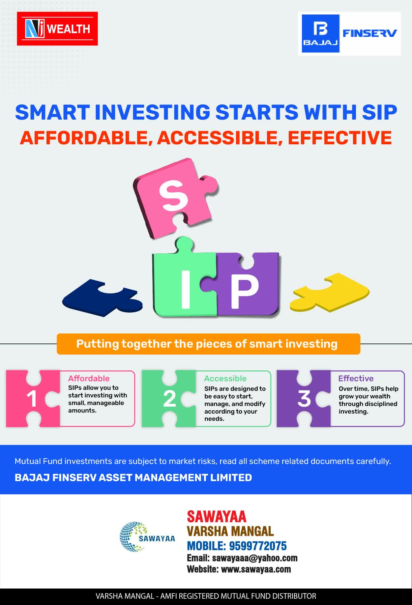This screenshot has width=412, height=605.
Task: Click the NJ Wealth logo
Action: click(57, 29)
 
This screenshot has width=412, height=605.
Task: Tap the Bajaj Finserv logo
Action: click(349, 34)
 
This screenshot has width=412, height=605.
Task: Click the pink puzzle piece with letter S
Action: click(176, 198)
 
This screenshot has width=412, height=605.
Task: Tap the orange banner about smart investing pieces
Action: click(208, 344)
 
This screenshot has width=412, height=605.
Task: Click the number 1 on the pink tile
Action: click(32, 399)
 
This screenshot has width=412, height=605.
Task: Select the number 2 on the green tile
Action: click(169, 399)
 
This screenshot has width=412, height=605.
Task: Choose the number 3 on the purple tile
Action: click(304, 399)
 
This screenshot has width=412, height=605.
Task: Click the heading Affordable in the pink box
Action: click(89, 378)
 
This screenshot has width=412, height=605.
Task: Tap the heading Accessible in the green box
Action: click(225, 378)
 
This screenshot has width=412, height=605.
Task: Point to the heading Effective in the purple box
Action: click(356, 378)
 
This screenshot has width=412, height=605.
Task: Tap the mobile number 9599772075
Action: click(258, 546)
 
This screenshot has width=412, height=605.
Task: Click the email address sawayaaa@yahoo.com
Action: click(255, 558)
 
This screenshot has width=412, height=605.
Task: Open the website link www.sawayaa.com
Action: click(256, 569)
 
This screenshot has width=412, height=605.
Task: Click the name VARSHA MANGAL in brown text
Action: click(230, 531)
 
